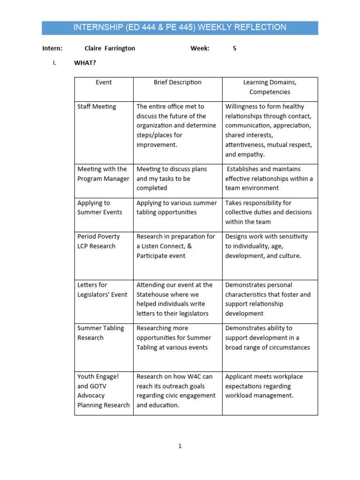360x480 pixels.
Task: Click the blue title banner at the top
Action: pyautogui.click(x=180, y=28)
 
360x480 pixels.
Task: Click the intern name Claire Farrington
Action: pyautogui.click(x=110, y=48)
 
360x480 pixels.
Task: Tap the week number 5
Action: pyautogui.click(x=235, y=48)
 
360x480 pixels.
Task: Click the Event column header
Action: pyautogui.click(x=104, y=82)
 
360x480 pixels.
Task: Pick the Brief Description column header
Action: pyautogui.click(x=178, y=82)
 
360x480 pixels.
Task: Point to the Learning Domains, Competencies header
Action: pyautogui.click(x=270, y=87)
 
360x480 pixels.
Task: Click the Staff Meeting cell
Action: pyautogui.click(x=97, y=107)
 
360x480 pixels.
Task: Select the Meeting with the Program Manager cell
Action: pyautogui.click(x=103, y=174)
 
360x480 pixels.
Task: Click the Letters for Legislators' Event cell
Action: pyautogui.click(x=102, y=290)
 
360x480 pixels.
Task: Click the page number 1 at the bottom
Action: pyautogui.click(x=180, y=446)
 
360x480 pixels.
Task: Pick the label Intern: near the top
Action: pyautogui.click(x=52, y=48)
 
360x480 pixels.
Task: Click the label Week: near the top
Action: pyautogui.click(x=200, y=48)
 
